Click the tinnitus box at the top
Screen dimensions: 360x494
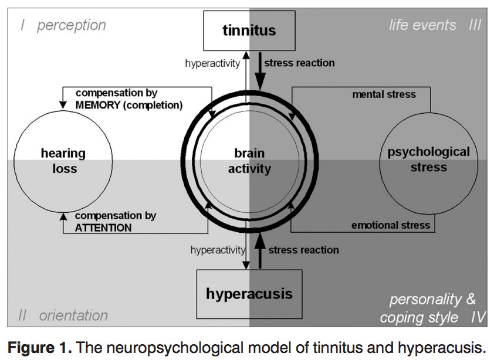coord(249,30)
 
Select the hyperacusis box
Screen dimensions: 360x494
coord(249,293)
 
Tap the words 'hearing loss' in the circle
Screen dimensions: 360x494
coord(63,161)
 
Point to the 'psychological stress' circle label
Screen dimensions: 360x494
coord(429,159)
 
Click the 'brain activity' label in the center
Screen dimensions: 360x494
coord(249,161)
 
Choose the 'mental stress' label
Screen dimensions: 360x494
coord(384,94)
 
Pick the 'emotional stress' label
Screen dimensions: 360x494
coord(391,226)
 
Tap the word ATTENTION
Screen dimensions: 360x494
coord(103,227)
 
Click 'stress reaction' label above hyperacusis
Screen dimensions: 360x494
coord(303,250)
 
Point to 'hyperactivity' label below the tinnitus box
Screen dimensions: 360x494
coord(212,62)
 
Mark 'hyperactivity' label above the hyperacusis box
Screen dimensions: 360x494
coord(218,250)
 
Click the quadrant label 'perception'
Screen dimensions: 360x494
coord(71,25)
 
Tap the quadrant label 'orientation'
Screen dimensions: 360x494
coord(73,315)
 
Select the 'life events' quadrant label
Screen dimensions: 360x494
coord(422,25)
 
